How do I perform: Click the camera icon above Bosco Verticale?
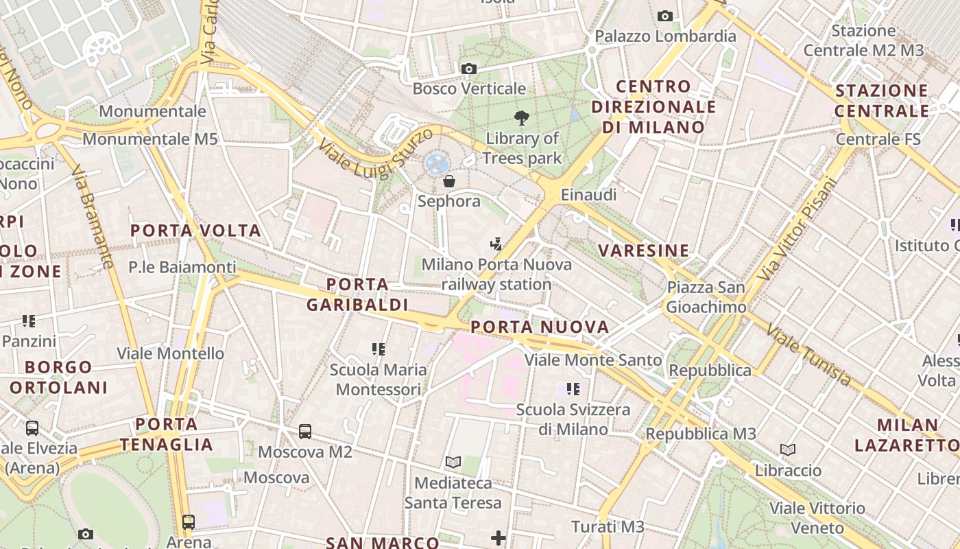[x=469, y=69]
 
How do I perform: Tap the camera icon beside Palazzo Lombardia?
[x=664, y=16]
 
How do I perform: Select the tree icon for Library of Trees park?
[x=522, y=118]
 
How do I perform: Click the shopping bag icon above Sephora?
[x=449, y=181]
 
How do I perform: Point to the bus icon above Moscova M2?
[x=305, y=432]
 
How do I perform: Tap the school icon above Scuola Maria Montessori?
[x=378, y=349]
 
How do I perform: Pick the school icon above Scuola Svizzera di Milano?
[x=573, y=390]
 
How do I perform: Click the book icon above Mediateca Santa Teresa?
[x=453, y=462]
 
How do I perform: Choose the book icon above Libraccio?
[x=788, y=450]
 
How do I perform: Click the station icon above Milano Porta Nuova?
[x=496, y=244]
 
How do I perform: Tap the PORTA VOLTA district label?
[x=195, y=231]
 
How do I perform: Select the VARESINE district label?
[x=643, y=250]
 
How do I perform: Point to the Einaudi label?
[x=588, y=195]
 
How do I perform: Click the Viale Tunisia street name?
[x=808, y=355]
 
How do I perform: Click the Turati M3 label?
[x=608, y=527]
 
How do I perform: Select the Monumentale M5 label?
[x=149, y=139]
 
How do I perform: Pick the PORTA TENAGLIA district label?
[x=167, y=434]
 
